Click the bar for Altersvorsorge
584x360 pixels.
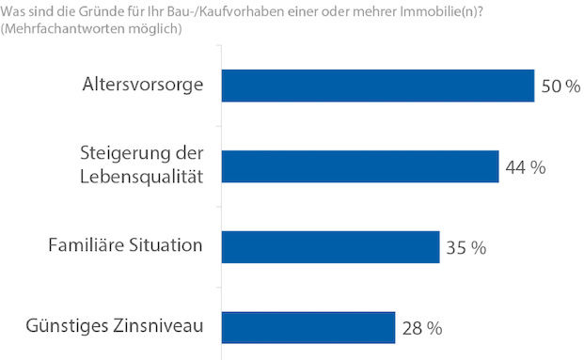point(377,86)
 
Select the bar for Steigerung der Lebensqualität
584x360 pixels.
point(359,166)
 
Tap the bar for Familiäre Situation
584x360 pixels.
point(329,246)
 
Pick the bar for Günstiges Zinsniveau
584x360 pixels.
point(308,327)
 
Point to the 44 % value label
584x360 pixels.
point(525,167)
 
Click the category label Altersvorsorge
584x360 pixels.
point(143,86)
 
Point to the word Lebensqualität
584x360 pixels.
point(143,177)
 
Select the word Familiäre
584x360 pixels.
point(87,245)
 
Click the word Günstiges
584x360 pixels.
point(62,327)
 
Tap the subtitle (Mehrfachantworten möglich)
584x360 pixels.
point(90,28)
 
